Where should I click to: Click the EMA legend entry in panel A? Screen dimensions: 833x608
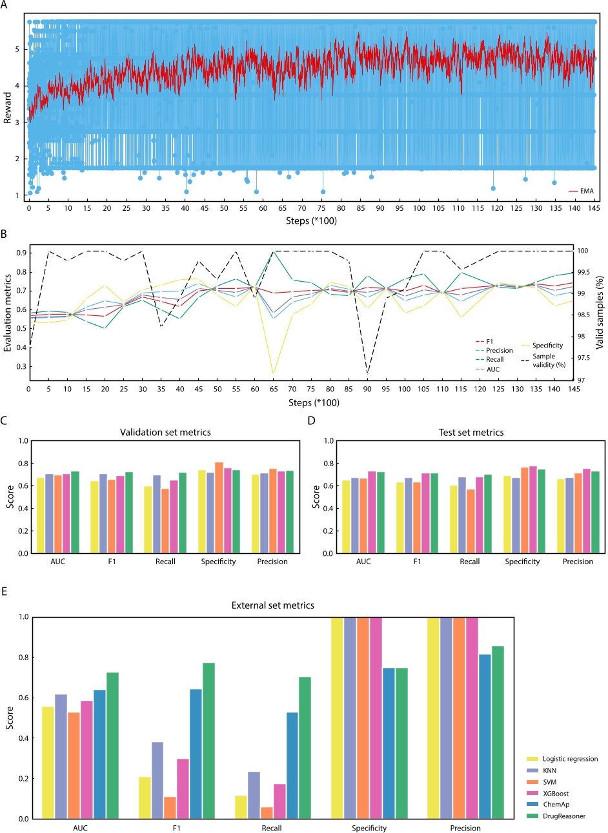585,191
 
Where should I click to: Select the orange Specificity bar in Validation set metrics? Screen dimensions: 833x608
219,507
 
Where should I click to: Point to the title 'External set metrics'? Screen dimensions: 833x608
272,605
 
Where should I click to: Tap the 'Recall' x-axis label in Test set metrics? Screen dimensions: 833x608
470,562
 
